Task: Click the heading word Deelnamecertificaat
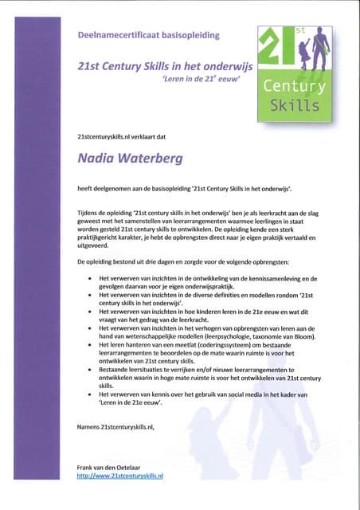click(x=118, y=36)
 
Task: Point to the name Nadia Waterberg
click(x=129, y=158)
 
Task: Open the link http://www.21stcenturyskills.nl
click(x=120, y=475)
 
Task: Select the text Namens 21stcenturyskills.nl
click(x=115, y=427)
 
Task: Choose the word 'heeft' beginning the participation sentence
click(x=85, y=188)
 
